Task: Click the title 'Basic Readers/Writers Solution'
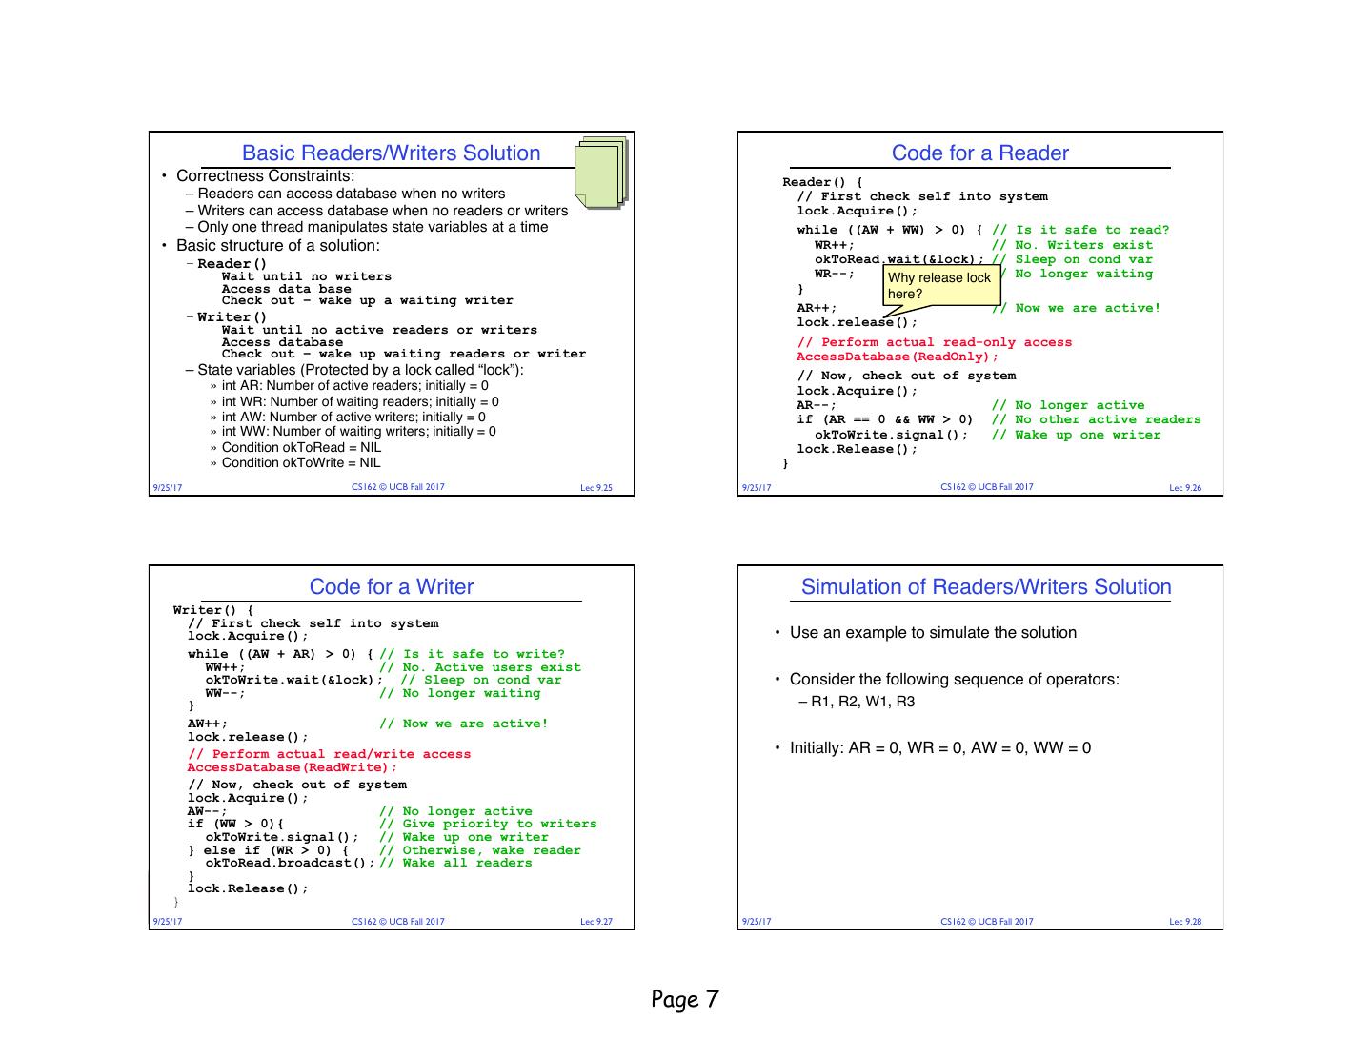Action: point(391,153)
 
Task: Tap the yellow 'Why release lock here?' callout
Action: point(939,285)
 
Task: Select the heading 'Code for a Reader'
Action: point(979,153)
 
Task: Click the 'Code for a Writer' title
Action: point(391,586)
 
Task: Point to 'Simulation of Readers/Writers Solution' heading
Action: point(986,586)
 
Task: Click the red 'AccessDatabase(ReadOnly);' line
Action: point(898,357)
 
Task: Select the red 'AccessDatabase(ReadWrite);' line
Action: point(293,767)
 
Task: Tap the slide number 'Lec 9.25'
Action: point(596,488)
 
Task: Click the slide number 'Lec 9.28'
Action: point(1185,922)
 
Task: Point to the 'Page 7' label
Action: point(685,999)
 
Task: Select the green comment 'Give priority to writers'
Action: point(499,824)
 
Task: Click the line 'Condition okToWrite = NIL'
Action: point(301,462)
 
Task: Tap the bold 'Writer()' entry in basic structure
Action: point(232,316)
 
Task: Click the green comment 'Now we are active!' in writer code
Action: point(474,724)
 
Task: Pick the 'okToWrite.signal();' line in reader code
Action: point(891,435)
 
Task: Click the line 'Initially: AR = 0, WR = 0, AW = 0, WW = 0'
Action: point(940,748)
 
